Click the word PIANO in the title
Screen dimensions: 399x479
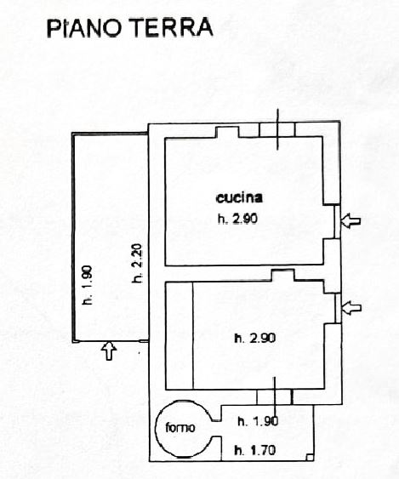point(84,27)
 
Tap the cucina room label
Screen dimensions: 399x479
point(239,198)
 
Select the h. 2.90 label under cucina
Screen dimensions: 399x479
point(237,219)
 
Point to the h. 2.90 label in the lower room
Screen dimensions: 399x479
point(255,339)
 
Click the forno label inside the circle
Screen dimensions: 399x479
point(180,427)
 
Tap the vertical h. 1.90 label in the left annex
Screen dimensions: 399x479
point(88,285)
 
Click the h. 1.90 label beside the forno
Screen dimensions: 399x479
point(258,421)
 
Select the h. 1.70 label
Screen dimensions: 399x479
point(255,450)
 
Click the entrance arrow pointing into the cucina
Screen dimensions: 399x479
point(351,220)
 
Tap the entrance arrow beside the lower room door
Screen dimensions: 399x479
point(352,308)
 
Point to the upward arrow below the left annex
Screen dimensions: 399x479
point(109,351)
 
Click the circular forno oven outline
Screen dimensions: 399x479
point(157,428)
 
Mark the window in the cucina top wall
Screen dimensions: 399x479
point(277,129)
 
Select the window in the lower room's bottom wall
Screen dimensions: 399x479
point(274,397)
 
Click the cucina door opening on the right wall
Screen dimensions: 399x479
point(337,221)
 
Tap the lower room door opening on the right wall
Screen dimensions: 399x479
point(338,308)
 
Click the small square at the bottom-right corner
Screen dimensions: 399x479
point(310,458)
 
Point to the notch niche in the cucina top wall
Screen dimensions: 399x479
point(227,132)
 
